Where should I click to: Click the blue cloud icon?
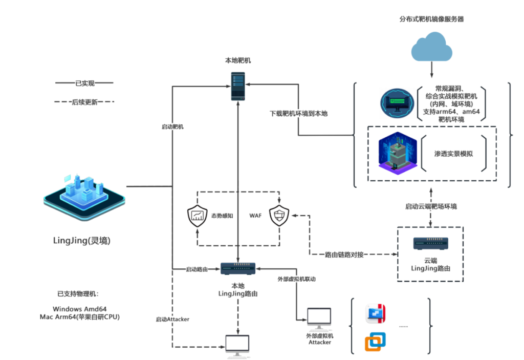click(432, 48)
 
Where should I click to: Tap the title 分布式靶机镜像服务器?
click(431, 19)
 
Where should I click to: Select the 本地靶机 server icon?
click(237, 86)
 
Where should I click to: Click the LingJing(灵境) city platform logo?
click(81, 194)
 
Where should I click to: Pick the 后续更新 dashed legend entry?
click(84, 102)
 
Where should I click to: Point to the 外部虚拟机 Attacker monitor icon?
click(320, 319)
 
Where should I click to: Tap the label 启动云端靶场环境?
click(431, 207)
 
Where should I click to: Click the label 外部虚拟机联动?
click(296, 279)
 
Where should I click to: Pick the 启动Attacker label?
click(172, 319)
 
